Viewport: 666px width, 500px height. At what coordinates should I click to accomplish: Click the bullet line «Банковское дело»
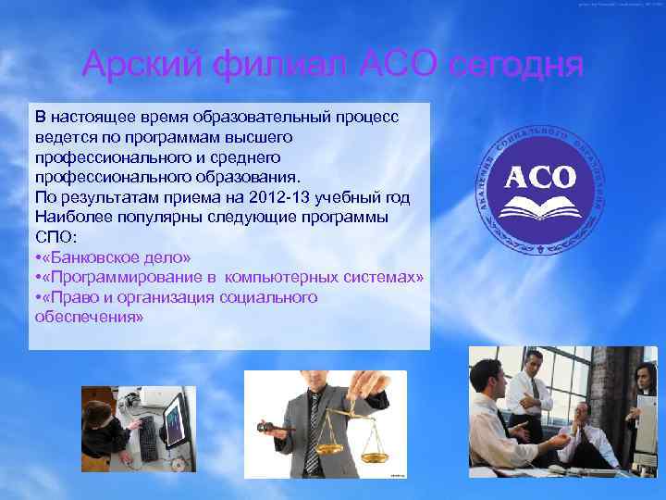coord(117,256)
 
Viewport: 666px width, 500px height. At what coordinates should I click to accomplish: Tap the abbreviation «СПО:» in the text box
coord(54,236)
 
